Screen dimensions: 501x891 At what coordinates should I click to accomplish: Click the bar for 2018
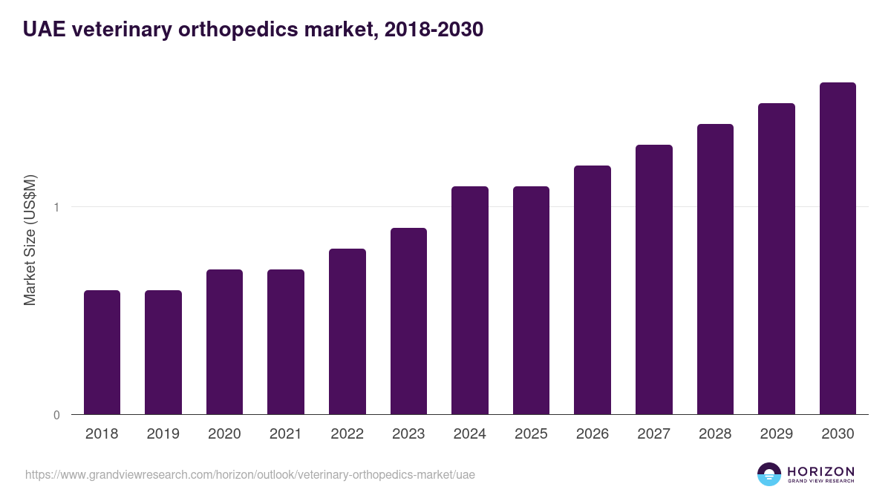(x=102, y=352)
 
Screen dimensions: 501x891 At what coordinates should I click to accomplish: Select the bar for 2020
(x=224, y=341)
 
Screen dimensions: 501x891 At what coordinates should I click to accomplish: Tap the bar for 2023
(x=408, y=321)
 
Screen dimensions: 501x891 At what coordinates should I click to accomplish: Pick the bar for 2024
(x=470, y=300)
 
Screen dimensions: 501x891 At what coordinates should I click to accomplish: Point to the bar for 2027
(x=654, y=279)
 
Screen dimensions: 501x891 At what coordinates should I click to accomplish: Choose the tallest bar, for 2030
(x=838, y=248)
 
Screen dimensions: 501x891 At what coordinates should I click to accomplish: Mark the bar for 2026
(x=593, y=289)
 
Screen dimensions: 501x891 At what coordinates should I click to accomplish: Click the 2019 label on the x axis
(x=163, y=434)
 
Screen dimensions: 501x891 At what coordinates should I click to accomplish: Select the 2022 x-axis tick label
(x=347, y=434)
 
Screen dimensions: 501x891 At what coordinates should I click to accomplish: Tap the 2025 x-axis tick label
(x=531, y=434)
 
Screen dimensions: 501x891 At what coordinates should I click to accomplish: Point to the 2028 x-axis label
(x=715, y=434)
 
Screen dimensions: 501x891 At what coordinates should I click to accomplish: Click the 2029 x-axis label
(x=776, y=434)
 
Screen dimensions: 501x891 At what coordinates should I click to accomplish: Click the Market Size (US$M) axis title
(x=30, y=240)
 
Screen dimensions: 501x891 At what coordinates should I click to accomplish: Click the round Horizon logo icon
(x=769, y=474)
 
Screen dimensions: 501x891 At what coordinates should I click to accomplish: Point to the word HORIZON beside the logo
(x=820, y=471)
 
